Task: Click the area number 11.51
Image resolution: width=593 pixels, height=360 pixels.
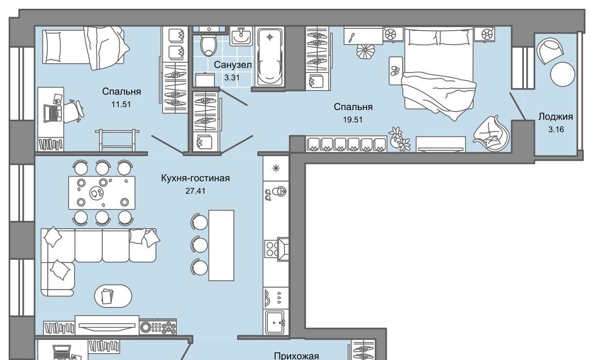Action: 121,104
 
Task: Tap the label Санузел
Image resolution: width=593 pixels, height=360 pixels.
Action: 233,65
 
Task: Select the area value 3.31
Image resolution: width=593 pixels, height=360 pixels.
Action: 232,77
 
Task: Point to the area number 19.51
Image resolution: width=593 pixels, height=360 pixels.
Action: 352,120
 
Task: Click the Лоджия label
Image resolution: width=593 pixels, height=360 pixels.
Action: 556,117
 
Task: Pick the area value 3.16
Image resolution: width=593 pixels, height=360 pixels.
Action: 556,129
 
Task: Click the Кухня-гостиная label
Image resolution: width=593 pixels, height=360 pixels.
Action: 195,178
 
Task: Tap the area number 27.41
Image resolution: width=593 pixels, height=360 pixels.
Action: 195,191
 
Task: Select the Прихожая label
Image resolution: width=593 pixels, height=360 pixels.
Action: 296,356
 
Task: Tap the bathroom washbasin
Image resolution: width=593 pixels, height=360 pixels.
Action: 241,36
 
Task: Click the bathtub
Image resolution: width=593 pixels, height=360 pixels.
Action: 270,57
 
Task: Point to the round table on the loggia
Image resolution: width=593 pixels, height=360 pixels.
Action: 562,74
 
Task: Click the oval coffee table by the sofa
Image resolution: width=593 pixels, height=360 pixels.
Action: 113,296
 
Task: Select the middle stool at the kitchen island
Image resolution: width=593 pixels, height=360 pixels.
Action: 199,244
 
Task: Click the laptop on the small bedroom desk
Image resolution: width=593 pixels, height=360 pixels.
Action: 54,113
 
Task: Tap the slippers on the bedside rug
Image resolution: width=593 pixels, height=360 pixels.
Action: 395,71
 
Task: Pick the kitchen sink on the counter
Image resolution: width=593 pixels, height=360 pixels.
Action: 276,322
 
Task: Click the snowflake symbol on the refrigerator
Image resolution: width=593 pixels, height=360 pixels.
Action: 276,168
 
